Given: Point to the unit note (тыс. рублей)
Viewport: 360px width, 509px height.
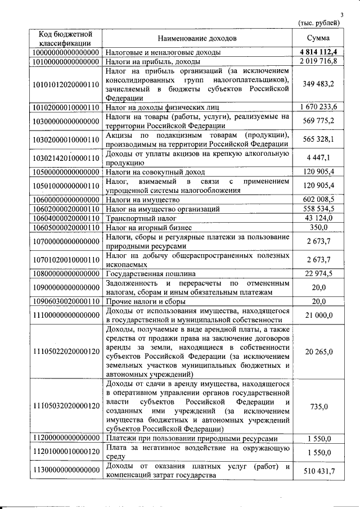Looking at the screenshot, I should point(319,23).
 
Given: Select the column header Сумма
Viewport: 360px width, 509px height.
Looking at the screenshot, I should point(318,38).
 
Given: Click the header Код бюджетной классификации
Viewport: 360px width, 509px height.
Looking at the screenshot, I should point(66,38).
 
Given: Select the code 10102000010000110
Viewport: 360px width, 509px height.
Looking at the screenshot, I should point(66,106).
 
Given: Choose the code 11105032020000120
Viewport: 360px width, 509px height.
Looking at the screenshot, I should point(66,406).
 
